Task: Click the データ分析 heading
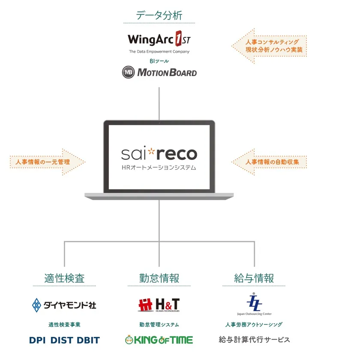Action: pos(159,16)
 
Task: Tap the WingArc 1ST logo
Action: pos(159,40)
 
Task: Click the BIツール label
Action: pos(159,61)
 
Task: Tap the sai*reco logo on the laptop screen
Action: pos(159,153)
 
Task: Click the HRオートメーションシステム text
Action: pos(159,168)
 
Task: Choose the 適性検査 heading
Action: pos(64,278)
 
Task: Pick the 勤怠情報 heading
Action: pos(159,278)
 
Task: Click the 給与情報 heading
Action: pos(254,278)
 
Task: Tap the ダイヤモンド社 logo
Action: pos(64,305)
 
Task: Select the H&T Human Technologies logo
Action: pos(159,305)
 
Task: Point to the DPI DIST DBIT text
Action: pos(64,340)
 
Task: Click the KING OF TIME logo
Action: pos(159,340)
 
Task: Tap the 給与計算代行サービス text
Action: pos(254,339)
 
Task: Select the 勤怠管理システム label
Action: pos(159,325)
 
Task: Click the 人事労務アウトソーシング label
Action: pos(254,325)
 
